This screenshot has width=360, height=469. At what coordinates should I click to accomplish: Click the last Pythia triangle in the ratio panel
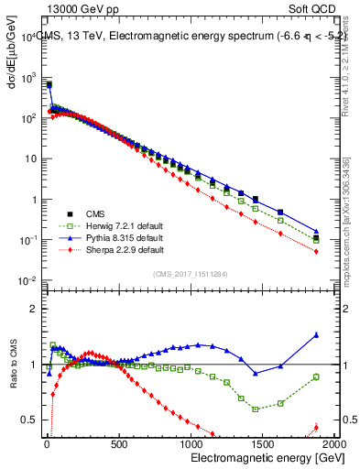click(316, 335)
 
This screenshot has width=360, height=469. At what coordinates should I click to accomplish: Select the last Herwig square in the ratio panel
click(316, 376)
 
